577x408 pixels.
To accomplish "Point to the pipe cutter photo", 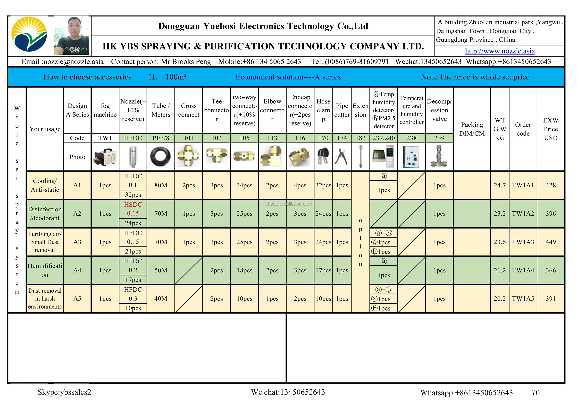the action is pyautogui.click(x=342, y=157).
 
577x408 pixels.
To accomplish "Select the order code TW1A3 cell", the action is pyautogui.click(x=523, y=242).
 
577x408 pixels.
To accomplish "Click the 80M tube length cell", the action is pyautogui.click(x=161, y=185).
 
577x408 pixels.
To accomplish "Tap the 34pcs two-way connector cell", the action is pyautogui.click(x=244, y=185).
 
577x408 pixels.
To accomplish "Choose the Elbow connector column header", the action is pyautogui.click(x=272, y=110).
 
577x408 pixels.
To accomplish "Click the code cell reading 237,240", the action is pyautogui.click(x=384, y=138).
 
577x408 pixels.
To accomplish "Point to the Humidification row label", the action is pyautogui.click(x=45, y=270).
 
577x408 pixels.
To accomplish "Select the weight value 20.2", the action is pyautogui.click(x=500, y=299).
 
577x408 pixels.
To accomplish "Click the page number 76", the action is pyautogui.click(x=535, y=392).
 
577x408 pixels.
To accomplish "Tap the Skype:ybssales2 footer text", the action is pyautogui.click(x=64, y=392).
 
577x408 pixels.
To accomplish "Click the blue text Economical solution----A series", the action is pyautogui.click(x=288, y=77).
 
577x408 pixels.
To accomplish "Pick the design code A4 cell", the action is pyautogui.click(x=77, y=270).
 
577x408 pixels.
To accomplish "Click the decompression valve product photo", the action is pyautogui.click(x=439, y=157).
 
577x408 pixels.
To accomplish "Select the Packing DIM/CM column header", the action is pyautogui.click(x=472, y=129).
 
